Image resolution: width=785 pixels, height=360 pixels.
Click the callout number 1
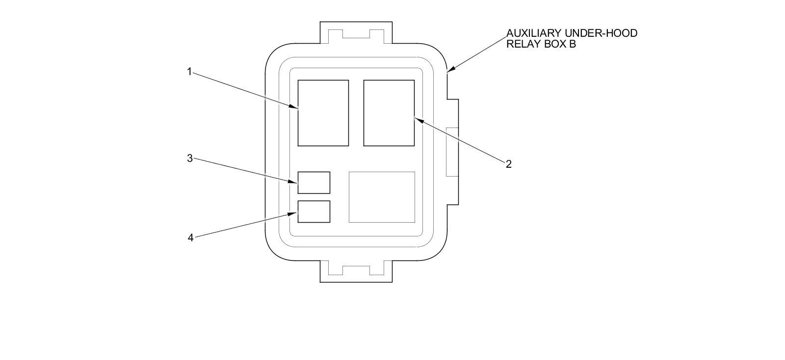(189, 72)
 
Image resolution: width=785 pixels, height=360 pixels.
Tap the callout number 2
(509, 164)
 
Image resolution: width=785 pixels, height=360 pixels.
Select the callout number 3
(189, 158)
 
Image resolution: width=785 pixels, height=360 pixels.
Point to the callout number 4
(190, 238)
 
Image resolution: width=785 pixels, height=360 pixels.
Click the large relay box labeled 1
(323, 113)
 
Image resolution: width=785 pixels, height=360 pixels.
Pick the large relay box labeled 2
(389, 113)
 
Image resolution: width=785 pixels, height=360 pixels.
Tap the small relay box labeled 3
(314, 182)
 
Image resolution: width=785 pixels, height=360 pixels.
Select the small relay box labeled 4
(314, 211)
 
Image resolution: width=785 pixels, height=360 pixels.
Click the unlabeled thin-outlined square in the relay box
(382, 197)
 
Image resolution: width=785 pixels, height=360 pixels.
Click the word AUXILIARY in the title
(533, 33)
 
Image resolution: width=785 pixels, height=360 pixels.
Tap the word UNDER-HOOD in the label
(601, 33)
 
